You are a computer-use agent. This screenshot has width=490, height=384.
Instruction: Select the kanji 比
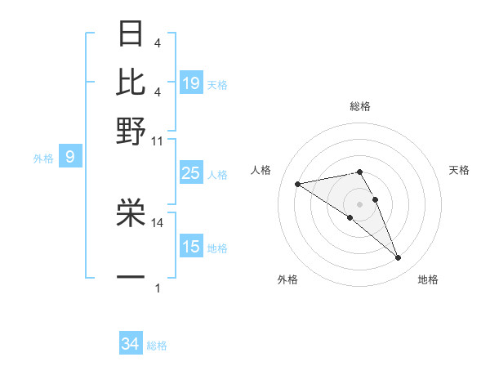click(131, 83)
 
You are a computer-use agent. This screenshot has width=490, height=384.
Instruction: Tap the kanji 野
click(131, 130)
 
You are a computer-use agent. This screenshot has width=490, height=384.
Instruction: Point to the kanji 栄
click(131, 212)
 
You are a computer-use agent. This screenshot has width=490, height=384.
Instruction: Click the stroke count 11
click(158, 141)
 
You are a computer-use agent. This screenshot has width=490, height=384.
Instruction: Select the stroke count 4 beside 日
click(158, 42)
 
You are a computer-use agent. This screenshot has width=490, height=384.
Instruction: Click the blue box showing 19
click(191, 83)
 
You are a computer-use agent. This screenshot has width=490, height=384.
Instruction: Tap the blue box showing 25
click(191, 173)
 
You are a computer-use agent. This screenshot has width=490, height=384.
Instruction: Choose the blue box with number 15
click(191, 247)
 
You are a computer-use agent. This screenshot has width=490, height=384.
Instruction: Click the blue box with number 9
click(70, 157)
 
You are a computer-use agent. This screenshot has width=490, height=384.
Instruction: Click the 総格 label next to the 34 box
click(157, 346)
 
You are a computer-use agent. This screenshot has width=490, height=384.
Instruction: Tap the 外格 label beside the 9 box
click(42, 159)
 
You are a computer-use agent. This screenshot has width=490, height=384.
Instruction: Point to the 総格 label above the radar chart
click(359, 106)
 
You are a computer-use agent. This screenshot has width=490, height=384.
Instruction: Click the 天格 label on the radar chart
click(460, 170)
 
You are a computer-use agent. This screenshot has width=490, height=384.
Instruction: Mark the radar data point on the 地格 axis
click(399, 258)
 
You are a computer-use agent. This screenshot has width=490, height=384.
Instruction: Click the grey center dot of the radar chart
click(359, 203)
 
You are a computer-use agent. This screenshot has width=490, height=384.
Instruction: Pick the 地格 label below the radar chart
click(428, 280)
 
